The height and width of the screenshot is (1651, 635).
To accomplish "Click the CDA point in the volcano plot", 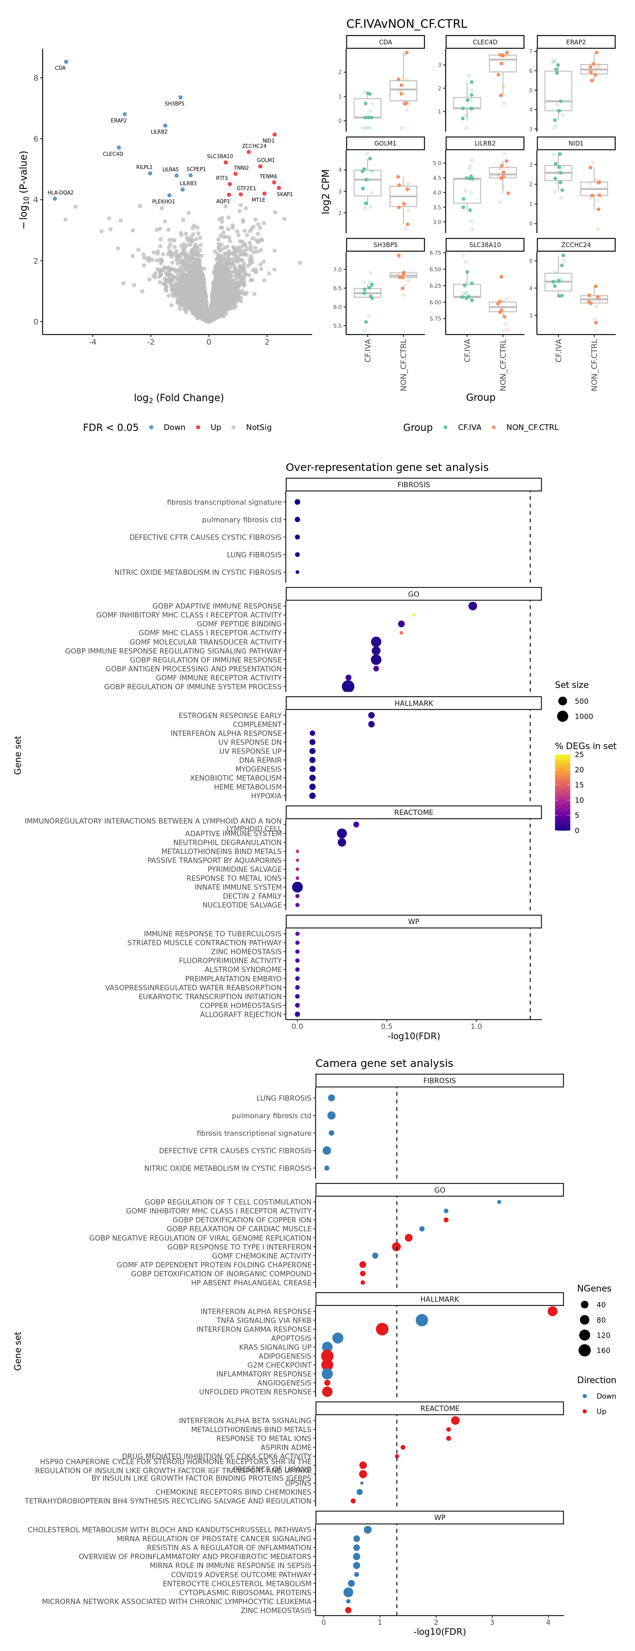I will [x=66, y=62].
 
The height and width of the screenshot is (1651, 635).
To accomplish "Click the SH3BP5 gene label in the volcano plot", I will [x=174, y=104].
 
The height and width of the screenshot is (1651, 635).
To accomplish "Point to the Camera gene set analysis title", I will [x=384, y=1063].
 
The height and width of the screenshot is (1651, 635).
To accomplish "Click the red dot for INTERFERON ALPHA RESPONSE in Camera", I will [x=552, y=1311].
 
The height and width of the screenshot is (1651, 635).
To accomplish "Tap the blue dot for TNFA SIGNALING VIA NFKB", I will [x=422, y=1320].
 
